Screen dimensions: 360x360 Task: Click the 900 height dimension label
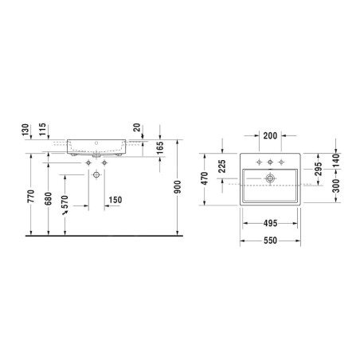(x=178, y=187)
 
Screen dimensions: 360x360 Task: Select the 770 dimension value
(x=31, y=196)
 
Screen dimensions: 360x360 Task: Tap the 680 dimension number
(x=48, y=199)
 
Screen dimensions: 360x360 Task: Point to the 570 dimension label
(x=65, y=202)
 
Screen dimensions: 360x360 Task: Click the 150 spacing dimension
(x=115, y=200)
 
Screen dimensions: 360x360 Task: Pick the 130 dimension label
(x=25, y=130)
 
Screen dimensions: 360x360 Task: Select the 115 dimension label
(x=42, y=129)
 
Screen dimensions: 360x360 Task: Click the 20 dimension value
(x=137, y=127)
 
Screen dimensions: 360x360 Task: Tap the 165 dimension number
(x=160, y=148)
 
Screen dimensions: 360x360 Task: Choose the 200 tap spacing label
(x=270, y=136)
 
